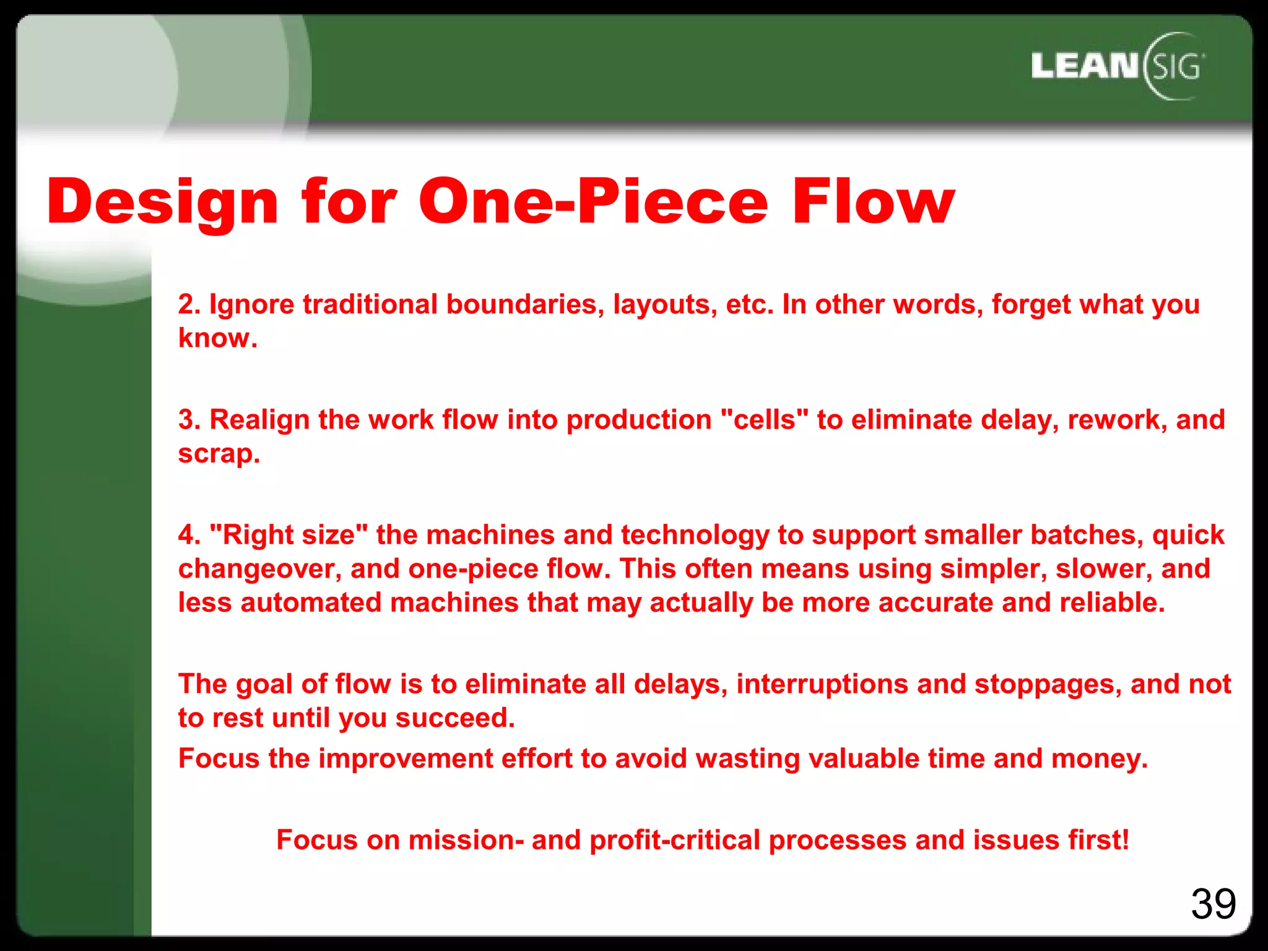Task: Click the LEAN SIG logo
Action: pos(1118,66)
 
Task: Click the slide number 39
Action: pos(1213,905)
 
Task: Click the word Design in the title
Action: pos(162,202)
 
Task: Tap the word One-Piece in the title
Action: pos(593,202)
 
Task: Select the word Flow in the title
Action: pos(873,202)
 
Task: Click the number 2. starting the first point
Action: pos(189,305)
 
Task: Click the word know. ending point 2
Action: pos(217,338)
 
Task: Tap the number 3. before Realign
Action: pos(189,420)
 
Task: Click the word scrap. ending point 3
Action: pos(219,454)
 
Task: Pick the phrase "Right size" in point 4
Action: pos(289,535)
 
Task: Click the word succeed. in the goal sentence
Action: pos(455,718)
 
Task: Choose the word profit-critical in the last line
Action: pos(674,840)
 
